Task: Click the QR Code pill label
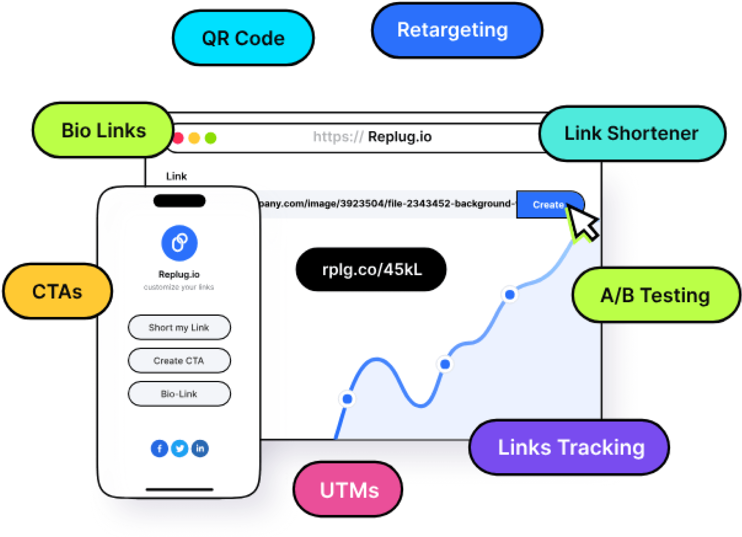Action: (243, 38)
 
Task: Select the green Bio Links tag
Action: (104, 131)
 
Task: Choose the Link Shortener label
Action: (631, 134)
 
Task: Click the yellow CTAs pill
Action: (57, 292)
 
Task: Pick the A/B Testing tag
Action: (655, 295)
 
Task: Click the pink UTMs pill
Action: (348, 490)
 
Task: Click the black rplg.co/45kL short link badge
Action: (371, 270)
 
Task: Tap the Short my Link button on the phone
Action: (179, 328)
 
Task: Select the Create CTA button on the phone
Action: (179, 361)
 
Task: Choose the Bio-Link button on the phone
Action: (179, 394)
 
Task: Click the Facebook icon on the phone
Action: (159, 449)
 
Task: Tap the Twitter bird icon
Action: (180, 449)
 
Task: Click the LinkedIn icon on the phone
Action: (200, 449)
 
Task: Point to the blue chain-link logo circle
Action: (179, 243)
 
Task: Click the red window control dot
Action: (179, 138)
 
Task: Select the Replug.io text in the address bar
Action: (399, 137)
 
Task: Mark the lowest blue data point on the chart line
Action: (347, 399)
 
